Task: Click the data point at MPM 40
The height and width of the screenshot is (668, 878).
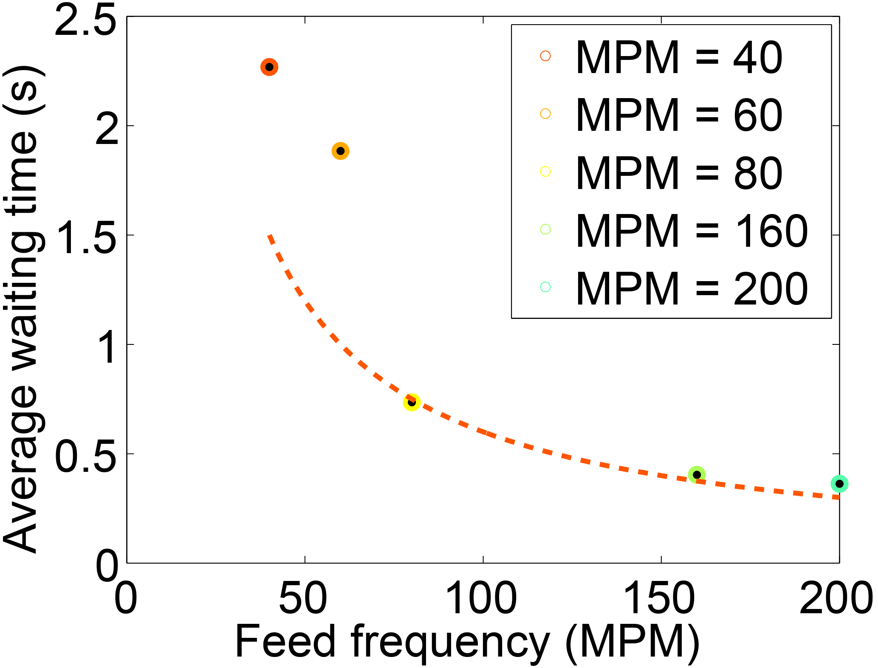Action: [269, 67]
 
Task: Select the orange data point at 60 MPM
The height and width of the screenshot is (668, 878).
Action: [340, 151]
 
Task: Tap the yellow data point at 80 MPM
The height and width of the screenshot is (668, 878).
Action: [411, 402]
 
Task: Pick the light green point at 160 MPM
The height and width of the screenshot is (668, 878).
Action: [697, 475]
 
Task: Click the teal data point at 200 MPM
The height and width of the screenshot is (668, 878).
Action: [839, 484]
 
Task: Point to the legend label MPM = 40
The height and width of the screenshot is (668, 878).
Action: [679, 57]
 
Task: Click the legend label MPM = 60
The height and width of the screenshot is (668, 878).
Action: [679, 115]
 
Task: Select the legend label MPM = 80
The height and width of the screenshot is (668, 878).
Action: [679, 173]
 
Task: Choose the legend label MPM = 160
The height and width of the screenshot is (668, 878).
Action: [692, 231]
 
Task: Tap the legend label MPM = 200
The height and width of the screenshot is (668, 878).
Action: [692, 289]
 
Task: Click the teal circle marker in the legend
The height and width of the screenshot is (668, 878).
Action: [545, 287]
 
